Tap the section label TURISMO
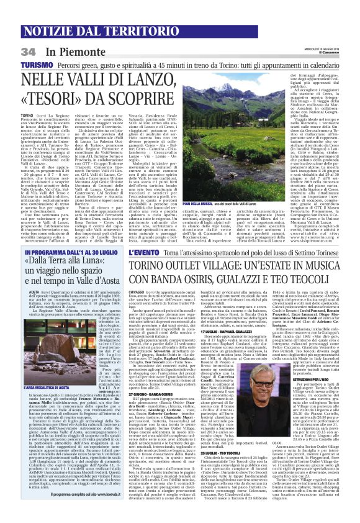point(19,48)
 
